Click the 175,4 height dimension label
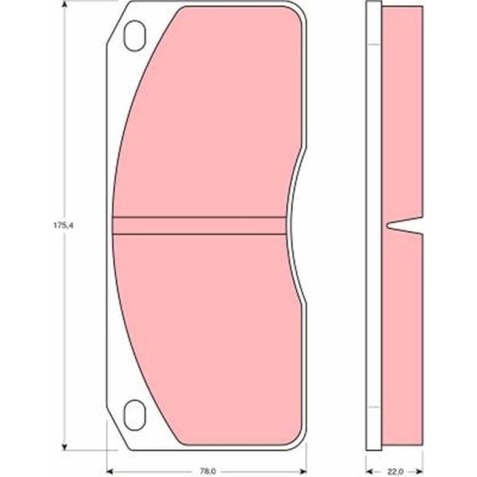click(62, 226)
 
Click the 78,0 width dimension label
click(208, 472)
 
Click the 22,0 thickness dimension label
click(395, 472)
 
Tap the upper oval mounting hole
click(134, 35)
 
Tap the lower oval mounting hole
click(134, 415)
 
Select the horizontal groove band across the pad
click(199, 226)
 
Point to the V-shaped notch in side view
click(405, 226)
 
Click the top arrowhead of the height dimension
click(64, 4)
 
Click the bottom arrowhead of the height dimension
click(64, 446)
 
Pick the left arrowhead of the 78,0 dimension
click(110, 472)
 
